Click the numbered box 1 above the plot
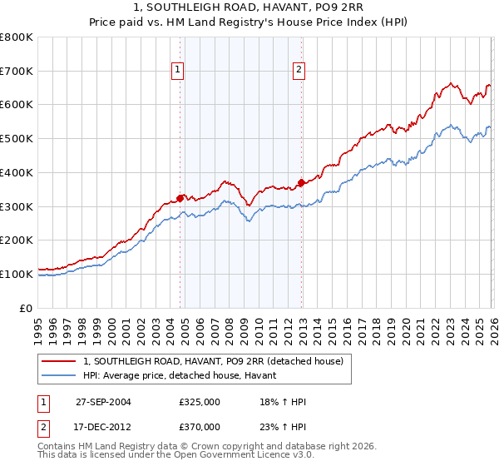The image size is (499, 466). pos(178,71)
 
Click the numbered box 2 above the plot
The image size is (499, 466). pos(298,71)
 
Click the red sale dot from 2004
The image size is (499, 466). pos(180,198)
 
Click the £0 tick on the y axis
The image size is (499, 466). pos(27,308)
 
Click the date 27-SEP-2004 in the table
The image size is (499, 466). pos(103,402)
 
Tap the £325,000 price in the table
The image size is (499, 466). pos(200,402)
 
